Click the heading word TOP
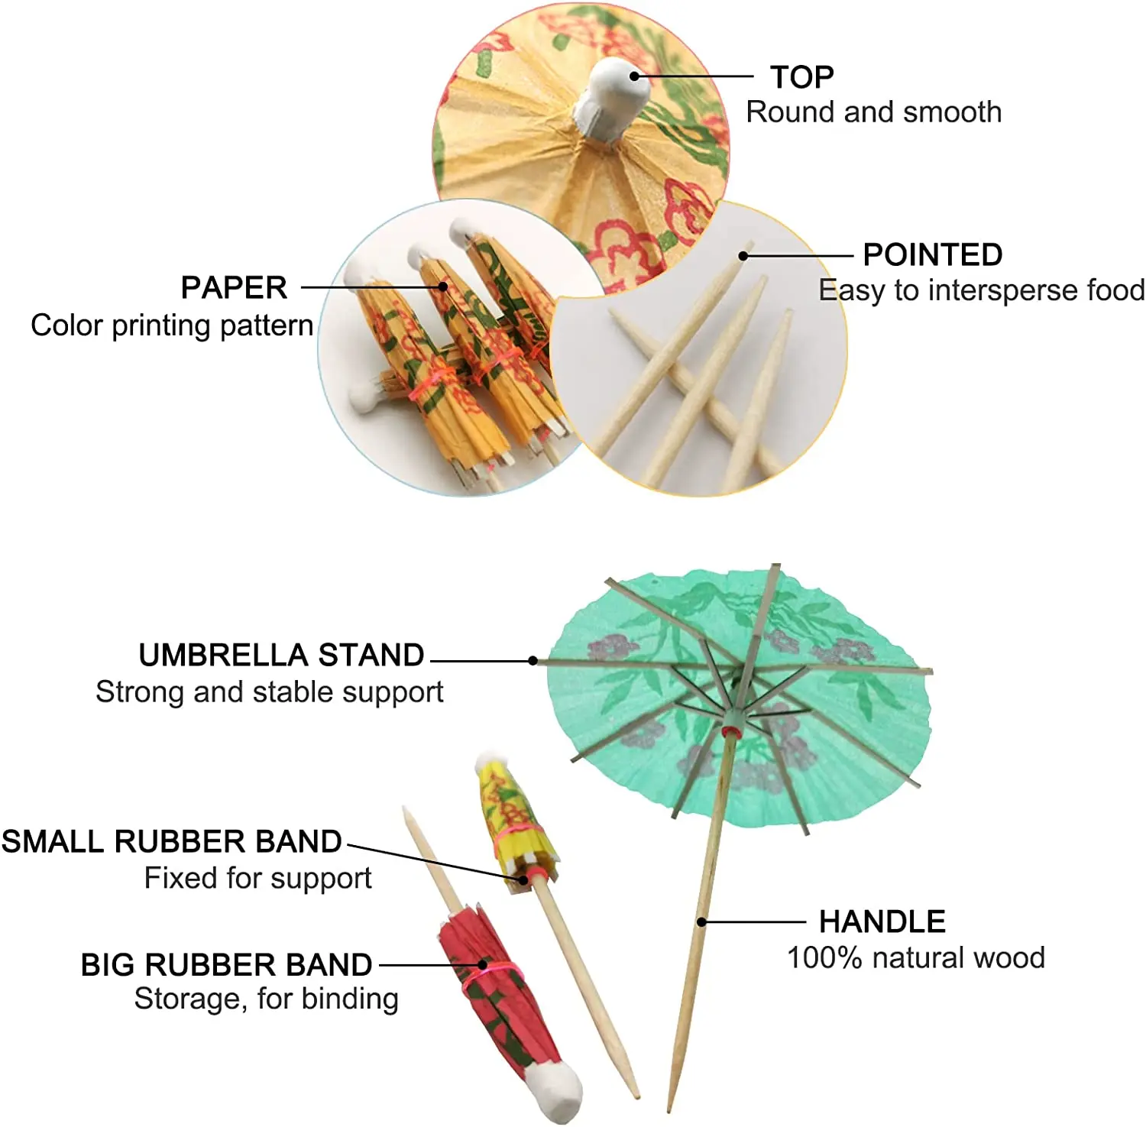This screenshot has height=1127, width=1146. [801, 77]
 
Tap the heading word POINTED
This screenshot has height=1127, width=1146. [932, 254]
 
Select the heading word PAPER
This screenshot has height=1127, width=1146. [234, 288]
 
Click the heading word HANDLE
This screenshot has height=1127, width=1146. [882, 921]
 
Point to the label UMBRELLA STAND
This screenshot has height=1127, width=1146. [281, 655]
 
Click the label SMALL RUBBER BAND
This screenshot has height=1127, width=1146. [171, 841]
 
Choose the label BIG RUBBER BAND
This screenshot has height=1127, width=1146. [226, 965]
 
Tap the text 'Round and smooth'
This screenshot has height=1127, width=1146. [873, 112]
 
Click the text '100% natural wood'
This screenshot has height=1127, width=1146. [915, 957]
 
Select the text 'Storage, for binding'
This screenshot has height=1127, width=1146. [266, 999]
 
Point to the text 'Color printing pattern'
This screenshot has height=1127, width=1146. [172, 325]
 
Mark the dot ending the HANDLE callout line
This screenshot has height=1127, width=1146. [701, 922]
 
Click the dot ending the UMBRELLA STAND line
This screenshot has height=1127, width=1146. [533, 660]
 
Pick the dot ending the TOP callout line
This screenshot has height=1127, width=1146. [634, 76]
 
